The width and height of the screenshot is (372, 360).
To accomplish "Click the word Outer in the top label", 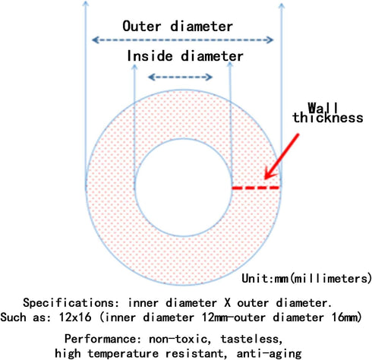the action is pyautogui.click(x=142, y=27).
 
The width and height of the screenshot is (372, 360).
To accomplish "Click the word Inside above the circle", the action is pyautogui.click(x=150, y=55).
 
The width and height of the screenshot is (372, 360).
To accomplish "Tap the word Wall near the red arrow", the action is pyautogui.click(x=323, y=108).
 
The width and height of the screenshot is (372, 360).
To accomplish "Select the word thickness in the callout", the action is pyautogui.click(x=328, y=118).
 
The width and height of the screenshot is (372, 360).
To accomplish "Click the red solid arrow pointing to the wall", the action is pyautogui.click(x=282, y=156).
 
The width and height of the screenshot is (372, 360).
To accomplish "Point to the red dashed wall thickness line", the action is pyautogui.click(x=256, y=188).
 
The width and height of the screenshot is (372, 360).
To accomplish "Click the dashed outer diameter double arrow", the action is pyautogui.click(x=182, y=39).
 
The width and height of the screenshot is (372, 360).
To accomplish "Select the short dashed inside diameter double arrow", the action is pyautogui.click(x=180, y=77).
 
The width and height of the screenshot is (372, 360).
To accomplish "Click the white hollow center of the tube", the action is pyautogui.click(x=184, y=188).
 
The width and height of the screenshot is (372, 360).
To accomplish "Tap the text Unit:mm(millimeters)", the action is pyautogui.click(x=307, y=279).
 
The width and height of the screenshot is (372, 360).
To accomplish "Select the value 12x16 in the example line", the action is pyautogui.click(x=75, y=317).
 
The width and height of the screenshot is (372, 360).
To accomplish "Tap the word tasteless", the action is pyautogui.click(x=251, y=339).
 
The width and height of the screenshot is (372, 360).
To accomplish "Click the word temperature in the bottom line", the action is pyautogui.click(x=123, y=353).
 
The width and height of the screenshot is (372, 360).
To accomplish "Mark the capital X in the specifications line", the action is pyautogui.click(x=227, y=303).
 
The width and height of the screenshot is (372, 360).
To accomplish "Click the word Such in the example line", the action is pyautogui.click(x=13, y=317).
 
